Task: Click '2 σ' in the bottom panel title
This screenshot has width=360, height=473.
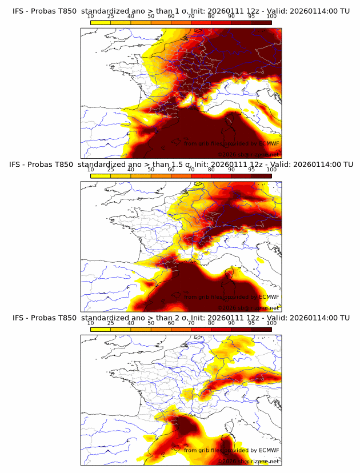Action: click(185, 318)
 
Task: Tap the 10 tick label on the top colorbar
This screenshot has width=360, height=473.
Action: click(91, 17)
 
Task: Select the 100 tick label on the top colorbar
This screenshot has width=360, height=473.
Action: click(271, 17)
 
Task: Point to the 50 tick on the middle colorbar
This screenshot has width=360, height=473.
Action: click(151, 170)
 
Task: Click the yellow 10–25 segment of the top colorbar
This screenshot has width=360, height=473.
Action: click(101, 23)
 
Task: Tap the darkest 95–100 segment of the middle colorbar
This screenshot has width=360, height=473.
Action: click(261, 177)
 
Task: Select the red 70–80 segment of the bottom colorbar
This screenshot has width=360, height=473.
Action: click(201, 330)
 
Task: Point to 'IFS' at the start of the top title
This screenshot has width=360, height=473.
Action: click(19, 11)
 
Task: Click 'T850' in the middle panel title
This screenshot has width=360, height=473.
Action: click(63, 165)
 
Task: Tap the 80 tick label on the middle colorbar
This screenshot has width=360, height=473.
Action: click(211, 170)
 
